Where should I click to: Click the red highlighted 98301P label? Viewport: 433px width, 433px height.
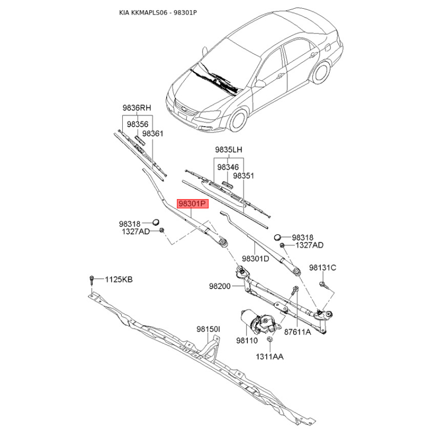[193, 204]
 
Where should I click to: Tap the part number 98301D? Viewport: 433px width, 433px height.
[255, 259]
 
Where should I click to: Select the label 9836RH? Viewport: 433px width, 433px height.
[137, 108]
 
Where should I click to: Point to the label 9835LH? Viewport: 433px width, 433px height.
[228, 150]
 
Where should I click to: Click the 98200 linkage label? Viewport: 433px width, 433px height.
[220, 286]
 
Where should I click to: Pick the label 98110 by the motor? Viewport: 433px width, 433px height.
[247, 341]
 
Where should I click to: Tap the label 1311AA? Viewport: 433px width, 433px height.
[270, 357]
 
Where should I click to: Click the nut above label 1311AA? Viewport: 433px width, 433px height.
[269, 339]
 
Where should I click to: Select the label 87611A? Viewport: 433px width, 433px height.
[298, 332]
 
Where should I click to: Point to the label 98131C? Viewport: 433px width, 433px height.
[323, 267]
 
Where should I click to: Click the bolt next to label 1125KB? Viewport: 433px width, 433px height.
[91, 280]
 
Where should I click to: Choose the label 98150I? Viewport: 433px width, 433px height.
[208, 329]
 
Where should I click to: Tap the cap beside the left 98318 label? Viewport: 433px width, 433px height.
[156, 221]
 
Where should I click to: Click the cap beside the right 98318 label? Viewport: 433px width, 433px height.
[278, 237]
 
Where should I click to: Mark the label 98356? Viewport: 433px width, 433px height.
[137, 124]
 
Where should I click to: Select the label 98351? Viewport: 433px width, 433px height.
[243, 175]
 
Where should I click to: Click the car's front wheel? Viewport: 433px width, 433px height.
[238, 120]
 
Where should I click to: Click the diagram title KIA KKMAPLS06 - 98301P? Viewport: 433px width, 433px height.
[158, 12]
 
